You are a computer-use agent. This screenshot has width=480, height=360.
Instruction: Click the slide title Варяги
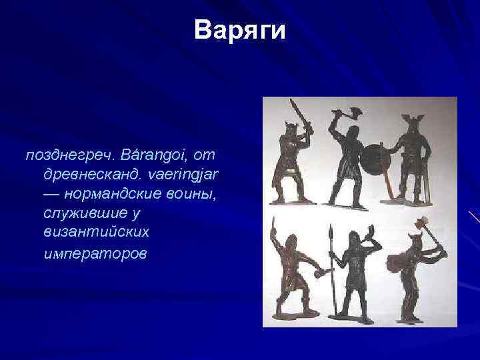pos(240,31)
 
